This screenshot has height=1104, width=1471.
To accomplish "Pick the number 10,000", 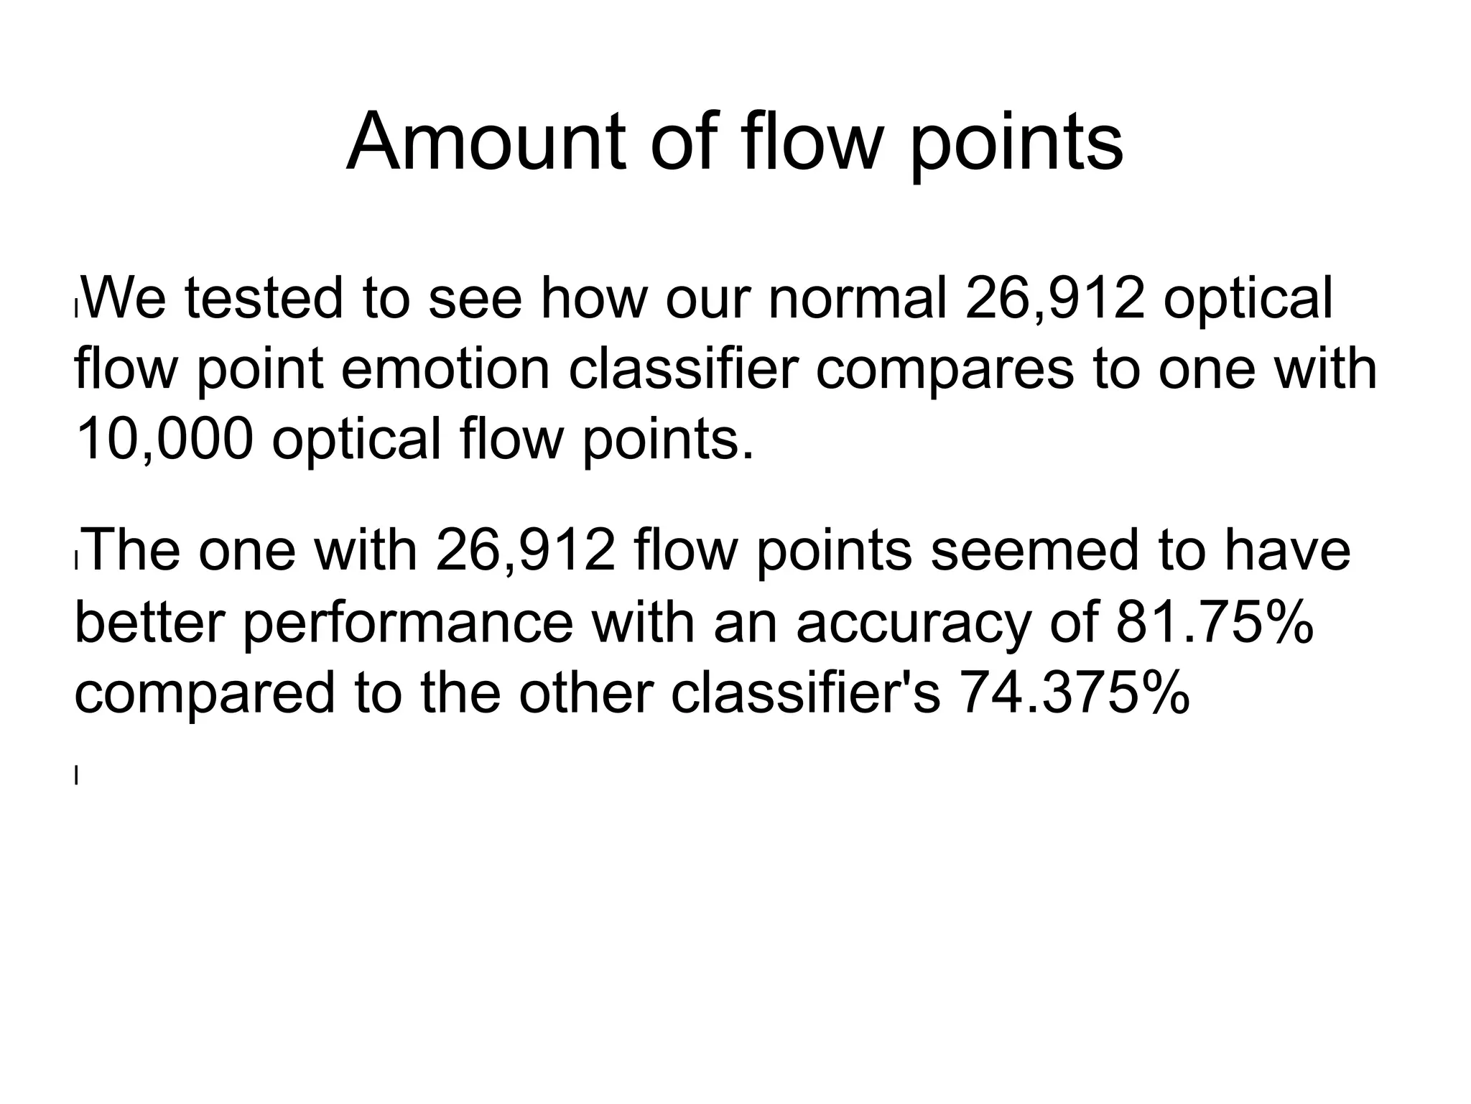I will [164, 440].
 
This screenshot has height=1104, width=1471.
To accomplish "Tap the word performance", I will [407, 623].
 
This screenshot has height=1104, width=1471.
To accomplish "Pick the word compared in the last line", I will [205, 694].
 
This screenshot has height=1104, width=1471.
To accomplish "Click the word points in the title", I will [1016, 144].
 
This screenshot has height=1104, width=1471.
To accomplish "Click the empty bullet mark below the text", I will [76, 775].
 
